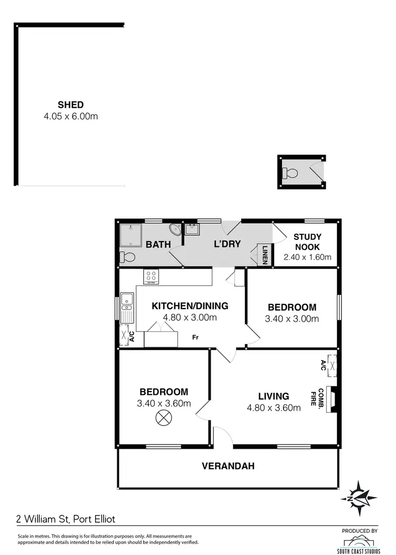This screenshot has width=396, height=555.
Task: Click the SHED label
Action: (x=70, y=105)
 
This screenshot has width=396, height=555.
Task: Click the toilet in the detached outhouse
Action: (x=290, y=172)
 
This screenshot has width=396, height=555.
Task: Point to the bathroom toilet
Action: (x=127, y=257)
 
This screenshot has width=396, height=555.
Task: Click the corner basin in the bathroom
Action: (x=176, y=230)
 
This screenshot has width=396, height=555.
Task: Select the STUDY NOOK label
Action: (x=307, y=242)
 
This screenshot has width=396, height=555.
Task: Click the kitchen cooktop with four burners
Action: (x=152, y=276)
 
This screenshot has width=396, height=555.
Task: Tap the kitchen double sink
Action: (x=127, y=307)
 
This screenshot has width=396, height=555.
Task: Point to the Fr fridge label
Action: (x=195, y=337)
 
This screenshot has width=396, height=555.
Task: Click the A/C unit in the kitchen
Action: (x=126, y=335)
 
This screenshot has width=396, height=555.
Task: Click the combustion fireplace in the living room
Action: (x=332, y=399)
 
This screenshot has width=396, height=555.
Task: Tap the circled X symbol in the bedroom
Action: (x=164, y=418)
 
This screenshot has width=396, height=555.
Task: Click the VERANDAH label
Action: (x=228, y=466)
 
